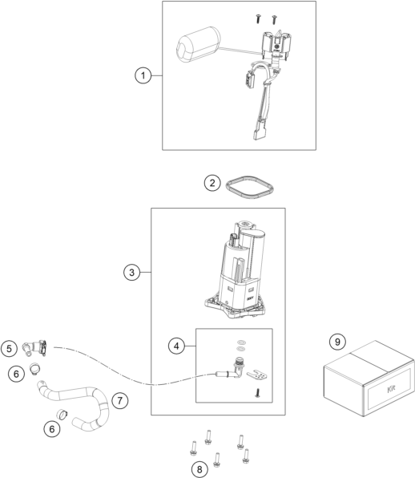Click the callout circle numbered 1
pos(143,75)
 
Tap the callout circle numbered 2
pos(212,183)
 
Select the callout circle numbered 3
pos(131,272)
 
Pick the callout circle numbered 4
pos(176,346)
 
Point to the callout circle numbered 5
pos(9,348)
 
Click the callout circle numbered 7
pos(120,400)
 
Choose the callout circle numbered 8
pos(199,469)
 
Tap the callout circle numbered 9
pos(337,342)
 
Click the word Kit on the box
pos(391,389)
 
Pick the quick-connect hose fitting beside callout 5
pos(34,348)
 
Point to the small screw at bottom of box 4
pos(258,393)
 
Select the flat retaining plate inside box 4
pos(257,376)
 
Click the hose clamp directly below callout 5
pos(34,367)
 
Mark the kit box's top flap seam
pos(370,363)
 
